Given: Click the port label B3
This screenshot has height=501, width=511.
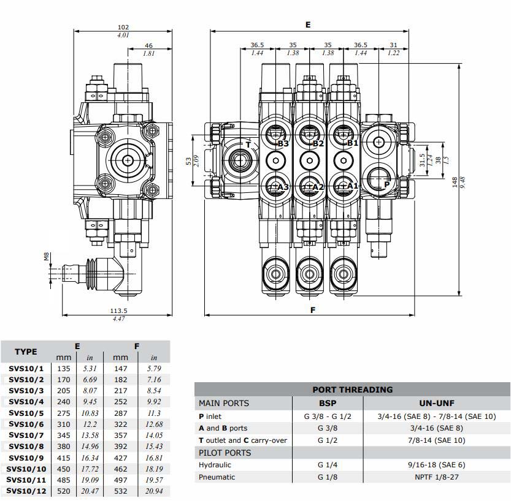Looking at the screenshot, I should click(283, 144).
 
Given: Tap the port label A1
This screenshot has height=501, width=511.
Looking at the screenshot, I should click(352, 186).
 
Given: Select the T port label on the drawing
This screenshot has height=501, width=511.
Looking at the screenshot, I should click(248, 145).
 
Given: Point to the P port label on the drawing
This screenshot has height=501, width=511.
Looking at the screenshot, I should click(386, 184).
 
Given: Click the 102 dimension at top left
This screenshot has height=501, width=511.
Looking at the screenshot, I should click(123, 27).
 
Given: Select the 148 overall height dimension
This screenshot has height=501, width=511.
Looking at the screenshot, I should click(455, 184).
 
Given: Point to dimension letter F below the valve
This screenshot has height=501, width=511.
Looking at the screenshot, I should click(313, 310).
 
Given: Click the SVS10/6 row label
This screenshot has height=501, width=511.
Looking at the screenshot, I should click(26, 424).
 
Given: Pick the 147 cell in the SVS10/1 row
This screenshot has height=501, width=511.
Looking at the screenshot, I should click(121, 369).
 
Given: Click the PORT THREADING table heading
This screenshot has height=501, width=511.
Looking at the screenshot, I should click(352, 389).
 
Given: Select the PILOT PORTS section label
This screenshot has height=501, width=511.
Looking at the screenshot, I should click(225, 453).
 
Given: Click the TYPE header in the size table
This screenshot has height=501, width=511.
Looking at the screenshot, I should click(26, 352).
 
